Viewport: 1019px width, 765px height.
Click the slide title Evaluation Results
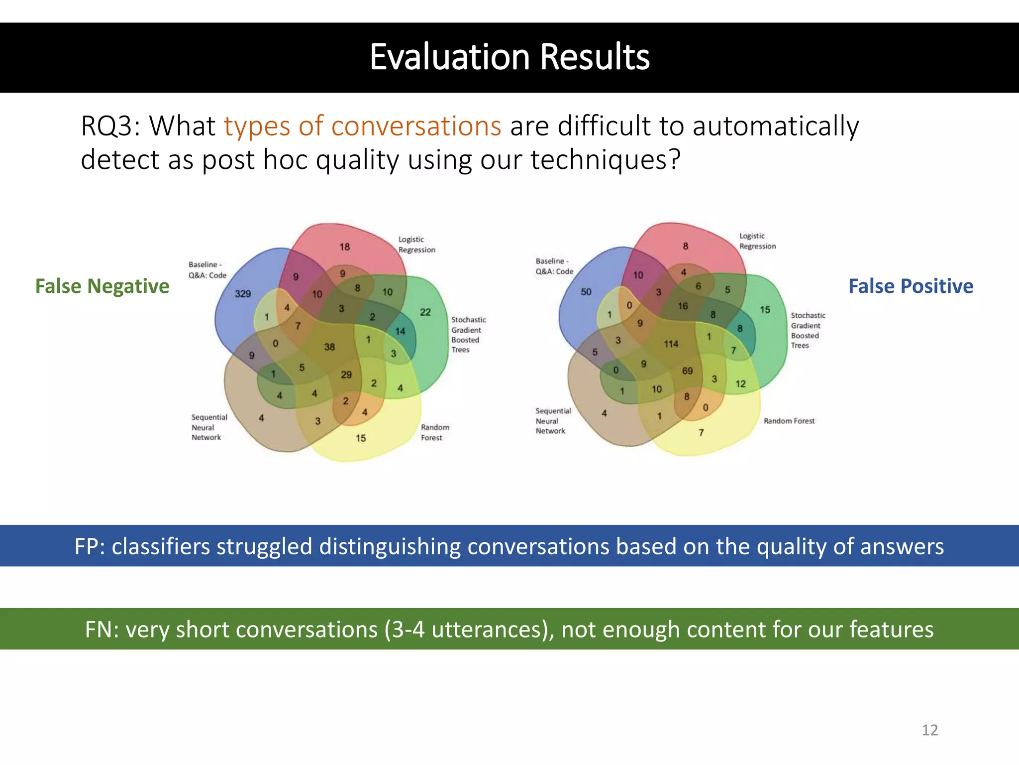click(x=509, y=57)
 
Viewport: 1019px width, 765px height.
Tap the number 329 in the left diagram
click(x=243, y=293)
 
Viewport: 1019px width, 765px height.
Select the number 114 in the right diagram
click(x=671, y=344)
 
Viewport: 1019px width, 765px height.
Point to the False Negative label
click(x=102, y=286)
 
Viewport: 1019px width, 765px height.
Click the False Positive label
click(x=911, y=286)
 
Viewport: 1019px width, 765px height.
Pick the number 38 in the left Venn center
click(x=329, y=347)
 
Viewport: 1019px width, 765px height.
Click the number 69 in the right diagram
click(x=687, y=371)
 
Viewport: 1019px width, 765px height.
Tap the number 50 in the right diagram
click(x=586, y=291)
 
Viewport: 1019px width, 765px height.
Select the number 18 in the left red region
click(x=345, y=247)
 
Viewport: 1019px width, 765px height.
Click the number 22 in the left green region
click(x=425, y=312)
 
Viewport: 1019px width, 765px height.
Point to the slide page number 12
click(x=929, y=730)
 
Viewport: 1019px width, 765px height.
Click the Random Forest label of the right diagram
click(x=789, y=421)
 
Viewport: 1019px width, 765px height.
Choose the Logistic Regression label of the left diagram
click(x=416, y=245)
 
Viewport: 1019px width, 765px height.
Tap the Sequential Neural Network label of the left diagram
click(x=209, y=427)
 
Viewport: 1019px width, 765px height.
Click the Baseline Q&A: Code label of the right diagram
click(x=554, y=266)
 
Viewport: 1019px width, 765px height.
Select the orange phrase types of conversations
click(x=362, y=126)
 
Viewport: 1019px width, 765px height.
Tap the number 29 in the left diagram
click(x=346, y=375)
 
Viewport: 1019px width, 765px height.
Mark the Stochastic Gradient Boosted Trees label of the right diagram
click(x=808, y=330)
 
